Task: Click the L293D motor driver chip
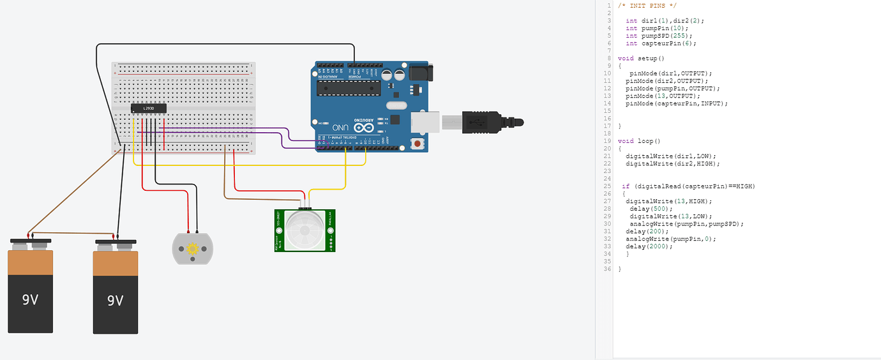click(x=149, y=109)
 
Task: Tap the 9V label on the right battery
click(x=115, y=300)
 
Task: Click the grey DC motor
click(x=190, y=248)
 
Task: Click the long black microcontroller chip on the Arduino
click(x=349, y=87)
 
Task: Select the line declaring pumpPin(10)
click(x=658, y=28)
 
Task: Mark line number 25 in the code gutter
click(x=608, y=186)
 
